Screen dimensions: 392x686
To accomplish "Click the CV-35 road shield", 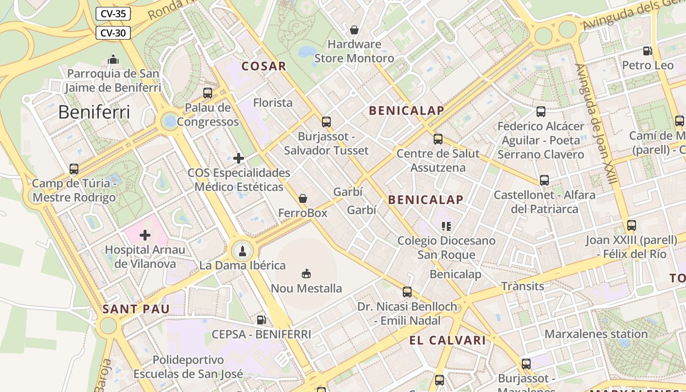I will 113,14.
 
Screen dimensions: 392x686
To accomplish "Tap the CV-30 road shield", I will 113,33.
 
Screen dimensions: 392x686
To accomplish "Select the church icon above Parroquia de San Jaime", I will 113,59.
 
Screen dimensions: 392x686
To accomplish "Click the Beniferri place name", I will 94,112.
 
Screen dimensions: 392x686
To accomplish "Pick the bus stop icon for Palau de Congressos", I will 208,93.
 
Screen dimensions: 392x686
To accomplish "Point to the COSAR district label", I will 264,66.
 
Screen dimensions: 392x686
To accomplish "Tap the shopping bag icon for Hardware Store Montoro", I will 354,30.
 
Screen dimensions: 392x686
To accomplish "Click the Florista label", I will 272,103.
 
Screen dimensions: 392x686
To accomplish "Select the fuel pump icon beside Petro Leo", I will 647,50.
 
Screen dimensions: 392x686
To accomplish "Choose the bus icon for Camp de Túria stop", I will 74,169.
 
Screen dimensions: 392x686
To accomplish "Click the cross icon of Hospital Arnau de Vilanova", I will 145,235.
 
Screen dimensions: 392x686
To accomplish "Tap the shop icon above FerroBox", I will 303,198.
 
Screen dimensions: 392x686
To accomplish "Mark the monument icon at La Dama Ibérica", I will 242,251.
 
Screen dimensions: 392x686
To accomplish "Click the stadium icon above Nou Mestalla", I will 306,273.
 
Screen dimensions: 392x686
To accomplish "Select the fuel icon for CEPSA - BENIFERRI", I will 262,320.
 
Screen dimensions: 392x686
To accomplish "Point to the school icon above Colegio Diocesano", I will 446,226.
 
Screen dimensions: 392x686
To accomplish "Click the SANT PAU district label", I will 136,309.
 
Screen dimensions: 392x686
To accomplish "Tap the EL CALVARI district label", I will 447,340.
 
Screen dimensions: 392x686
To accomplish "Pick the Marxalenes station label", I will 596,334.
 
